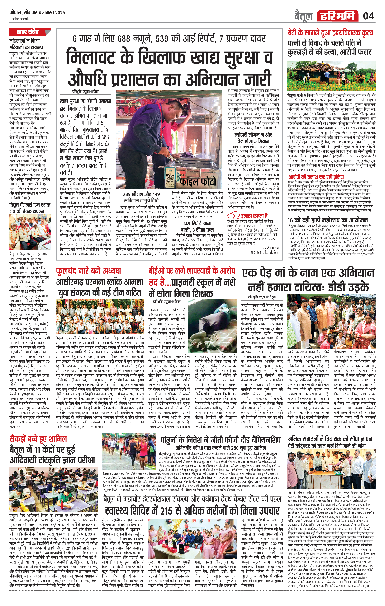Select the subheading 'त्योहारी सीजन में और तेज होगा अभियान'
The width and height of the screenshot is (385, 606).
pyautogui.click(x=253, y=138)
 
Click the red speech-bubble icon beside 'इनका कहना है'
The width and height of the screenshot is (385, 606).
pyautogui.click(x=233, y=216)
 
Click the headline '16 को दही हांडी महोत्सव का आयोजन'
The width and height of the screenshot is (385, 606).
pyautogui.click(x=328, y=220)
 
